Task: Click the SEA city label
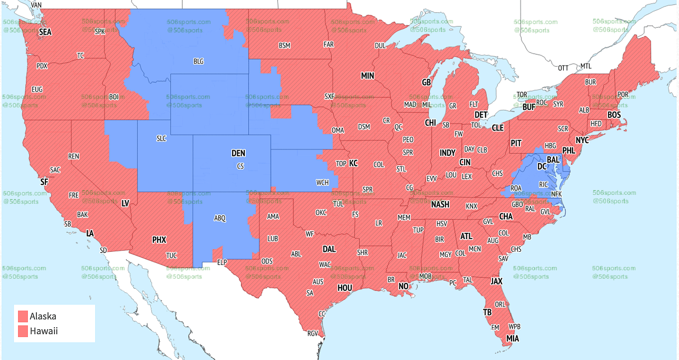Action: point(45,32)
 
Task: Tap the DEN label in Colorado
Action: point(238,153)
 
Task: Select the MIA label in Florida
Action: point(513,339)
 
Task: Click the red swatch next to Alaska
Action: point(23,316)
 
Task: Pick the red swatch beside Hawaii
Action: point(23,331)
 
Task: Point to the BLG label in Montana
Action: point(198,62)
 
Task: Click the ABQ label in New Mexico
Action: point(220,218)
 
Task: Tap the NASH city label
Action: point(440,204)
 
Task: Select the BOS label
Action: point(614,115)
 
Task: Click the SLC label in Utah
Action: point(161,139)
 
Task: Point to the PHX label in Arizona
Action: point(159,240)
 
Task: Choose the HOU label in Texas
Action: point(345,288)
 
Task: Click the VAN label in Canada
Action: point(36,5)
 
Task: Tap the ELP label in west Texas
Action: point(222,262)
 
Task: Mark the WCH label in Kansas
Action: point(322,182)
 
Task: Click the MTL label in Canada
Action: point(586,66)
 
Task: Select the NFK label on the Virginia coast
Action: point(556,194)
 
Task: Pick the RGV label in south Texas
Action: point(313,333)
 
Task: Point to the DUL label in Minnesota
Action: point(380,46)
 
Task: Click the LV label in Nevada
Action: point(125,203)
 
